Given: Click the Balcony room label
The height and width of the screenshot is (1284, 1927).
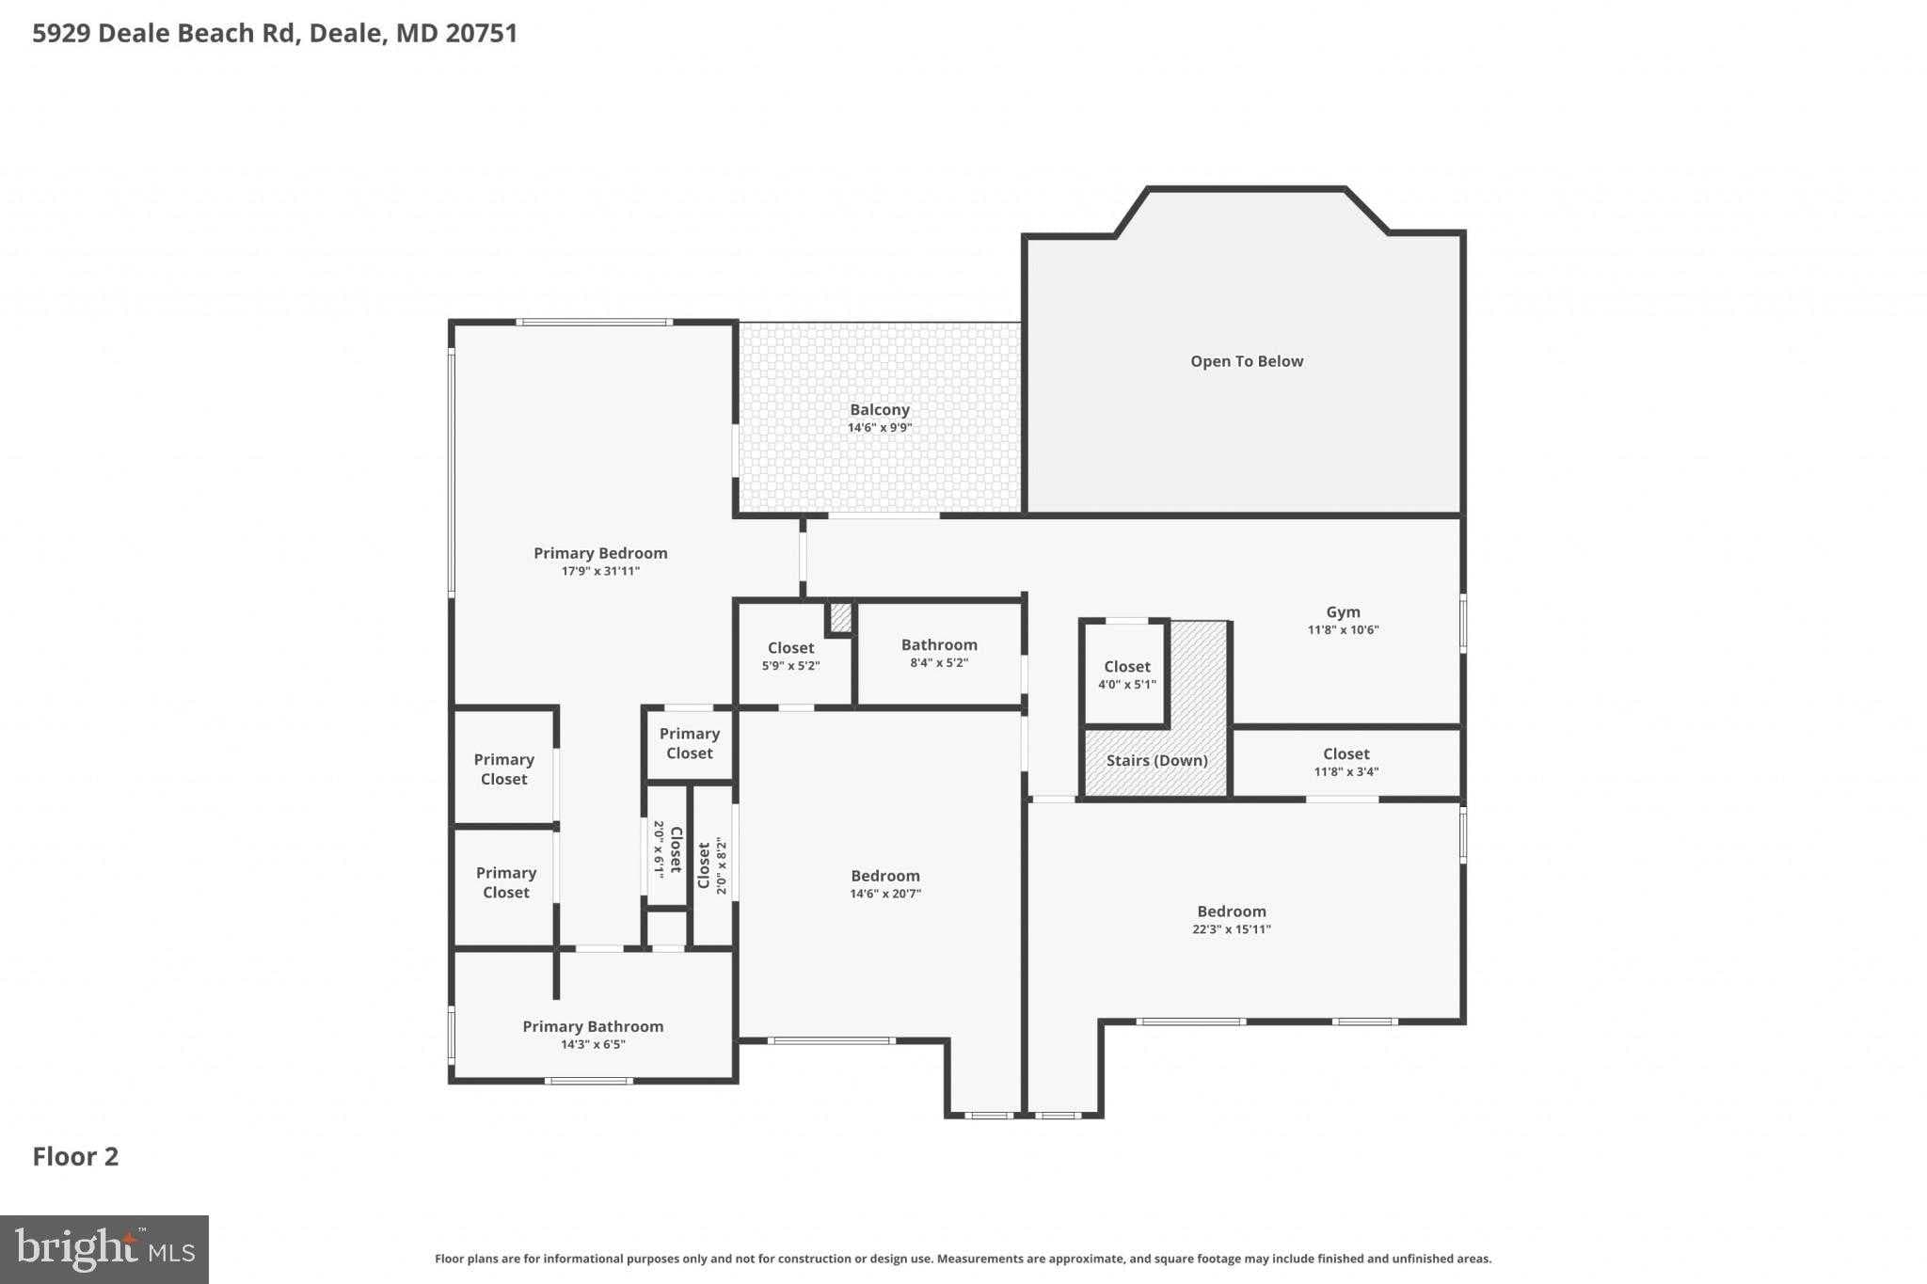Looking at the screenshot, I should click(x=879, y=410).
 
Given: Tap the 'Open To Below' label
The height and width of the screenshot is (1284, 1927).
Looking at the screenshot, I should click(x=1246, y=361).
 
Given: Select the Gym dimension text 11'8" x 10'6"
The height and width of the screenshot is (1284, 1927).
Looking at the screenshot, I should click(x=1343, y=630).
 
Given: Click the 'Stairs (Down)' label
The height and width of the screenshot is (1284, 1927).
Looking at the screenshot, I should click(x=1156, y=760).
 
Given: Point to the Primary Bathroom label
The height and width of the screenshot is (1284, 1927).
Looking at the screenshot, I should click(x=593, y=1026).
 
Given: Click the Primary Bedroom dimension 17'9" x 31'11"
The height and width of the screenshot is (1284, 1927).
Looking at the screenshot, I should click(x=600, y=571).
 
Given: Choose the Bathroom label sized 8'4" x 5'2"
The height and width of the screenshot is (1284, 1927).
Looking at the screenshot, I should click(x=938, y=645).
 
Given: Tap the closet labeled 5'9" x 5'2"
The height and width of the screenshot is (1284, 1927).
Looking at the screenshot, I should click(x=790, y=648).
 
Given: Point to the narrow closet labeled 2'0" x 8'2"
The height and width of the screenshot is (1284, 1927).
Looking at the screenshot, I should click(x=712, y=865).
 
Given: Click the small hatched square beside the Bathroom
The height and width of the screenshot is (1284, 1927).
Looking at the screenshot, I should click(x=840, y=618).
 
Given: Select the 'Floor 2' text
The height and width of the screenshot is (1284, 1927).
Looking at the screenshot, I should click(x=75, y=1157).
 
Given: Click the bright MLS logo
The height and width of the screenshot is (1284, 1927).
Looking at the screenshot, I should click(x=104, y=1249).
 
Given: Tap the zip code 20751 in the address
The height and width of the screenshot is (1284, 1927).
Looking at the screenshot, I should click(x=481, y=33).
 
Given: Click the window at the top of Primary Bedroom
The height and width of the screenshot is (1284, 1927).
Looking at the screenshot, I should click(x=594, y=323).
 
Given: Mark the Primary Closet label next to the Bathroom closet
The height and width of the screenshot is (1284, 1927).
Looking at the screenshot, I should click(x=689, y=743).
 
